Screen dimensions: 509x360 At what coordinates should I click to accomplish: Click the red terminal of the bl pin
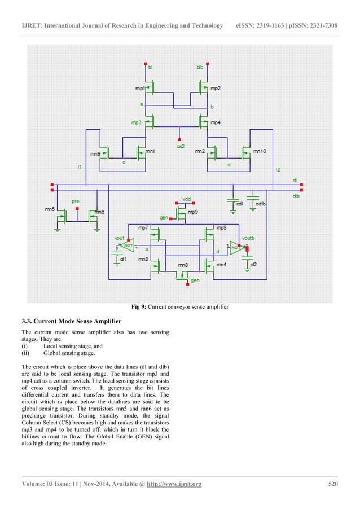(145, 63)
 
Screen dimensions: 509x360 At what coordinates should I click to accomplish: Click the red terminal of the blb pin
(208, 63)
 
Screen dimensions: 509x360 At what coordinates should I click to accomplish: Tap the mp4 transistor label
(216, 122)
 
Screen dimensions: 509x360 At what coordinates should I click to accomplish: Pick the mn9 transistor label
(95, 153)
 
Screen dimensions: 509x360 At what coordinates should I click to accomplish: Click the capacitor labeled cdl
(233, 202)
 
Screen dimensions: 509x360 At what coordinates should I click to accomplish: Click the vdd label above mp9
(186, 199)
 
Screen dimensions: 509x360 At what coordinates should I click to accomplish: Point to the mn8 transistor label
(182, 265)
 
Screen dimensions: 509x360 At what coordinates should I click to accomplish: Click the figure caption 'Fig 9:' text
(139, 306)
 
